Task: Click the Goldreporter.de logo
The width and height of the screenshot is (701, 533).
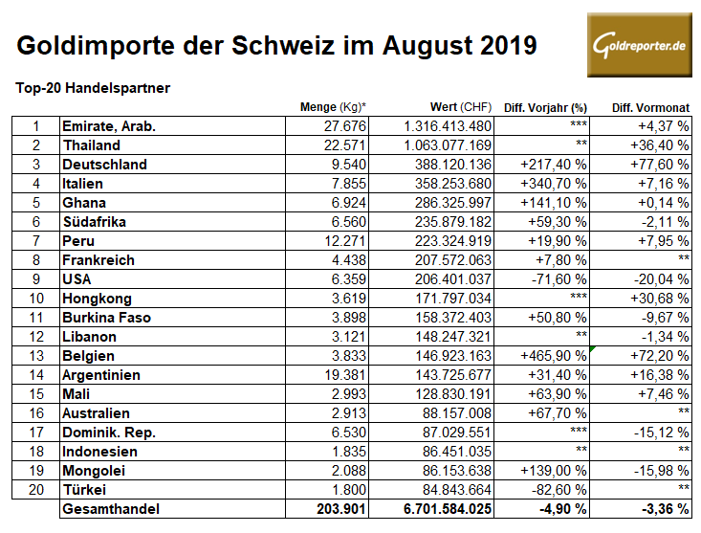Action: pyautogui.click(x=639, y=44)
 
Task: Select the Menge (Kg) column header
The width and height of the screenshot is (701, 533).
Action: pyautogui.click(x=333, y=106)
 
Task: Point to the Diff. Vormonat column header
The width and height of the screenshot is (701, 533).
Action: pyautogui.click(x=649, y=106)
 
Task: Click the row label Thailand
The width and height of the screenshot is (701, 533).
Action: pyautogui.click(x=91, y=145)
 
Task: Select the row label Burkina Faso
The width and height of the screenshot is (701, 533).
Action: pyautogui.click(x=106, y=318)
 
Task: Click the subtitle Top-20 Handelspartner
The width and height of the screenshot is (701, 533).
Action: pyautogui.click(x=93, y=88)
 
